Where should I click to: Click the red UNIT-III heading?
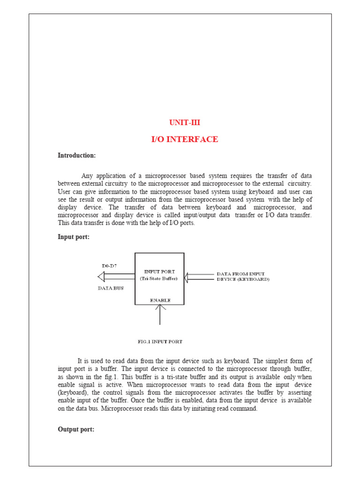tap(184, 123)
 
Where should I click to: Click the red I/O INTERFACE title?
tap(184, 139)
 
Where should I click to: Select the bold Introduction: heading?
tap(76, 155)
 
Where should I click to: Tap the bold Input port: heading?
tap(74, 237)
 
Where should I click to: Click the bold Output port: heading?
tap(76, 429)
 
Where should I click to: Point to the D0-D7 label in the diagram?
tap(109, 266)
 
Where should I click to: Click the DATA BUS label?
tap(111, 288)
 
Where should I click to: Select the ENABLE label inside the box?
tap(160, 300)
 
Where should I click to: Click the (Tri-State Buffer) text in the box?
tap(160, 278)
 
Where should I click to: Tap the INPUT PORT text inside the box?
tap(160, 271)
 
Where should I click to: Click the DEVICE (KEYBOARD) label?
tap(243, 279)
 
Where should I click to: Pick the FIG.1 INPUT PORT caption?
tap(160, 342)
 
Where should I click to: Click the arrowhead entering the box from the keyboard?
tap(186, 277)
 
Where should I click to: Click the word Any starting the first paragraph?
tap(88, 176)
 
